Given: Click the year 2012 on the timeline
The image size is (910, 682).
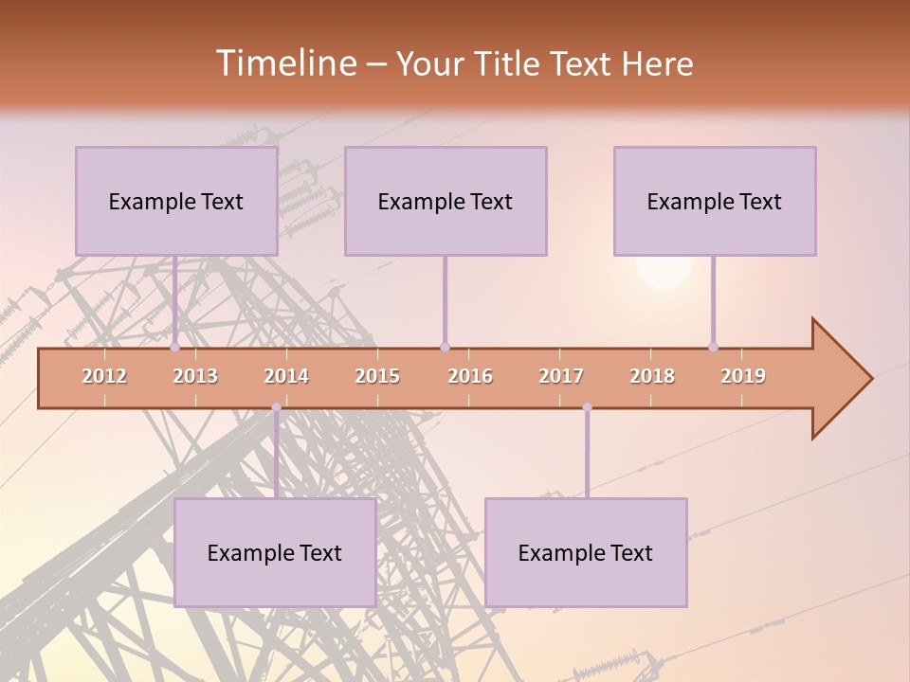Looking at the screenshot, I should point(104,376).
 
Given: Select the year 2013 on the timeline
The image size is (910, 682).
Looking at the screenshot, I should point(195,376).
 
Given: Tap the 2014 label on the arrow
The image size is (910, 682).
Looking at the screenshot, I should point(286,376).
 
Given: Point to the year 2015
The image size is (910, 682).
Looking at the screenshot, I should point(377,376).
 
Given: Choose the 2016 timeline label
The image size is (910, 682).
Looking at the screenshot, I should point(470,376).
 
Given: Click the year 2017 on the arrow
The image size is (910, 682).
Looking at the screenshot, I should point(561,376).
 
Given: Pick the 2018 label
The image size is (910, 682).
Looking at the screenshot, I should point(652,376).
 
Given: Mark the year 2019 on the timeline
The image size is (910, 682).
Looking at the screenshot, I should point(743,376).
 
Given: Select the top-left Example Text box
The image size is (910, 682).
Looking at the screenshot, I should point(176,201).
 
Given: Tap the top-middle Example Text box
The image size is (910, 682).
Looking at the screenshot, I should point(446,201).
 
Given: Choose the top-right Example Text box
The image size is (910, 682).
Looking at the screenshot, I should point(715,201).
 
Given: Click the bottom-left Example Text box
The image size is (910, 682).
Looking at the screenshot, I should point(275,552).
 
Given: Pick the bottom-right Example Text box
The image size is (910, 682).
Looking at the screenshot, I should point(586,552).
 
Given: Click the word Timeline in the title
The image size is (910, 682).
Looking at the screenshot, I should point(284,63).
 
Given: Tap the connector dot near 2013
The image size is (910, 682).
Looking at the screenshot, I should point(175,347).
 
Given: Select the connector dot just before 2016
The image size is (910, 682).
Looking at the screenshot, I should point(445,347).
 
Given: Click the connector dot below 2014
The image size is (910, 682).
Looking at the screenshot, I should point(276,407).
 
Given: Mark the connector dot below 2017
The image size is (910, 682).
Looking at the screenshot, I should point(587,407).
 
